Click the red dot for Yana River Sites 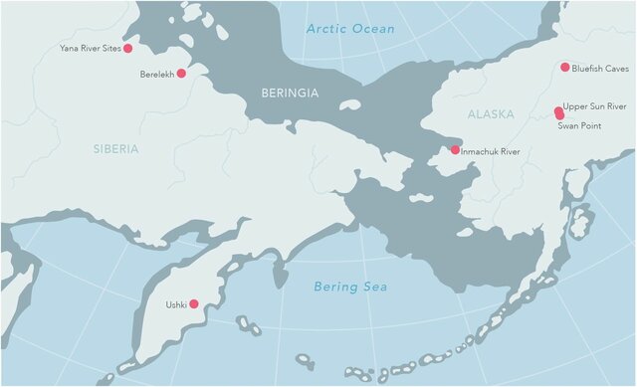click(x=127, y=48)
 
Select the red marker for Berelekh click(x=181, y=73)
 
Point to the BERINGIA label click(x=289, y=93)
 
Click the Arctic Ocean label click(x=350, y=29)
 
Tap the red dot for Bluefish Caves click(x=564, y=68)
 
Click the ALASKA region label click(x=491, y=114)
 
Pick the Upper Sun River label click(x=594, y=105)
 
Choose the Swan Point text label click(x=580, y=126)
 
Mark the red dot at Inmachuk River click(x=455, y=150)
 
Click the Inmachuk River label click(x=492, y=151)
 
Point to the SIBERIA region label click(x=116, y=148)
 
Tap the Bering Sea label click(x=350, y=287)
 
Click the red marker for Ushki click(x=194, y=303)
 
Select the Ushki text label click(x=174, y=304)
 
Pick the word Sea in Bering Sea click(x=374, y=287)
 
